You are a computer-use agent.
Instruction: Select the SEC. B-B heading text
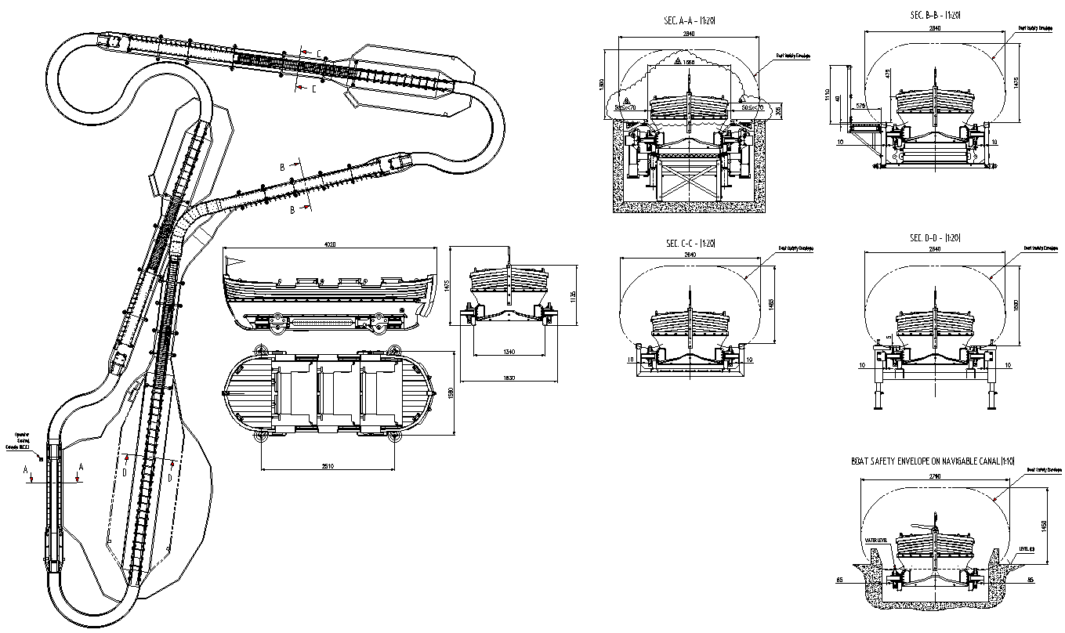(x=934, y=15)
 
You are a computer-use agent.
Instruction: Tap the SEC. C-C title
(x=687, y=244)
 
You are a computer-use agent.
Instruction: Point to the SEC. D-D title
(x=934, y=238)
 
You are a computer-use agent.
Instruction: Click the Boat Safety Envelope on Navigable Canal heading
(x=933, y=462)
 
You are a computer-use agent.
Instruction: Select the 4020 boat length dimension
(x=330, y=244)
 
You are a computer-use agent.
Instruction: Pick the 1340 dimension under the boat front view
(x=509, y=353)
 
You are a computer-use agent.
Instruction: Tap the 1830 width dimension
(x=509, y=378)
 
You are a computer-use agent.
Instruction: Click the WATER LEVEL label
(x=875, y=541)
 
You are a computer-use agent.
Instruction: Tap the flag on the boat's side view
(x=234, y=262)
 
